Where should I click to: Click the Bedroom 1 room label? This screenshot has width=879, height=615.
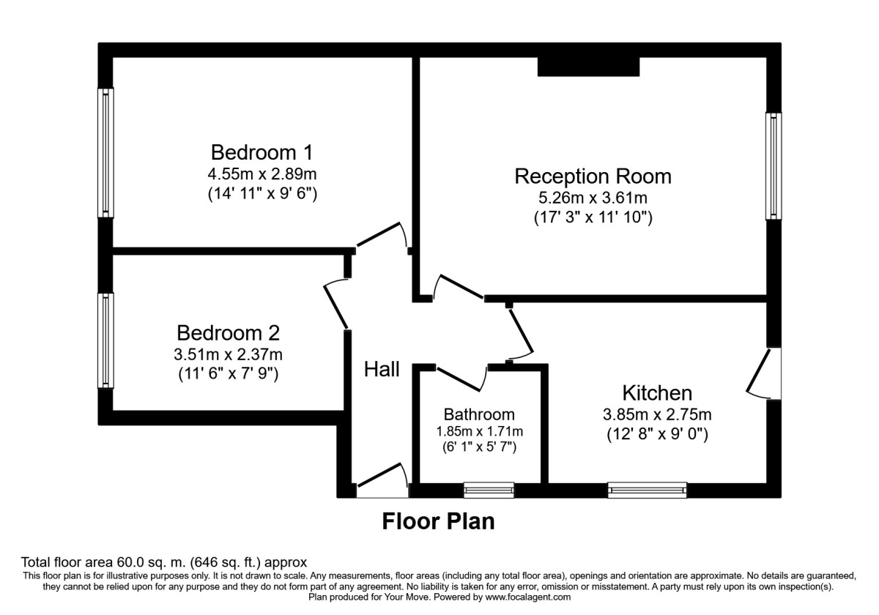tap(262, 152)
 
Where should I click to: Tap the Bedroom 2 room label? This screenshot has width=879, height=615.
tap(229, 333)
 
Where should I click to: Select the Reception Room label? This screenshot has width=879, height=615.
tap(593, 176)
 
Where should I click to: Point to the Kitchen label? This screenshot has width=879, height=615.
tap(657, 392)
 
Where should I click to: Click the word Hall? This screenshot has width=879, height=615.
tap(382, 370)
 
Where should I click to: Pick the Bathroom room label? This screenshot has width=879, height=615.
tap(480, 414)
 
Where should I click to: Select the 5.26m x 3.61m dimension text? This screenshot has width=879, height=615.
tap(593, 198)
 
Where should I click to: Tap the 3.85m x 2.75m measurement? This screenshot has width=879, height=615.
tap(657, 414)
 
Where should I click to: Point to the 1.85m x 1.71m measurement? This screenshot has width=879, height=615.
tap(480, 431)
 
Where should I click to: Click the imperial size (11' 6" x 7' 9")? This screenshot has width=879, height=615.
tap(229, 373)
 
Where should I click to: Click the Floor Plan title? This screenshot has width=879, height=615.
tap(438, 521)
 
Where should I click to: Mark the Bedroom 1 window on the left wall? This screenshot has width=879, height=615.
tap(106, 152)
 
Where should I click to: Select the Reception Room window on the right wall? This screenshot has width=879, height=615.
tap(774, 165)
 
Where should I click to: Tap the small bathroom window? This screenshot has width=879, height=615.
tap(489, 490)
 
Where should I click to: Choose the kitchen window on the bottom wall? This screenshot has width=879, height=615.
tap(647, 490)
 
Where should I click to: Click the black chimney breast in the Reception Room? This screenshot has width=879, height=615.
tap(589, 66)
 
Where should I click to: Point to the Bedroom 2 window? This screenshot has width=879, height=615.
tap(106, 340)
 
